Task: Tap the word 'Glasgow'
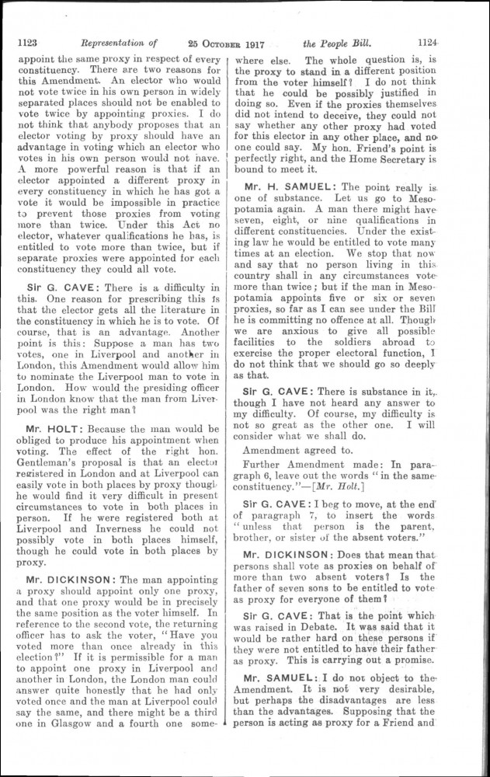[71, 725]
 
